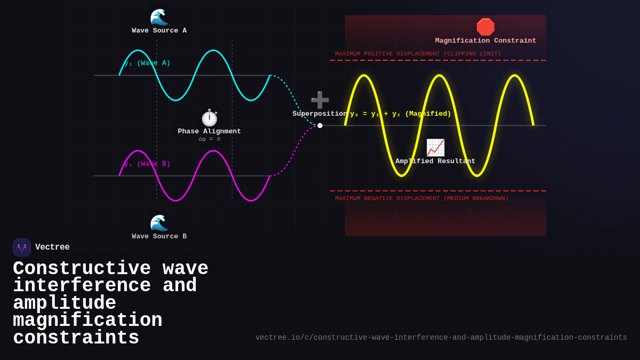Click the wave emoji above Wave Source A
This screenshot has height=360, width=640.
coord(159,17)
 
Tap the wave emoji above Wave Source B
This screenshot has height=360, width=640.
coord(159,223)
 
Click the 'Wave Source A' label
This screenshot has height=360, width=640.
coord(159,31)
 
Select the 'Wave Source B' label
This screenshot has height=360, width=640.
coord(159,237)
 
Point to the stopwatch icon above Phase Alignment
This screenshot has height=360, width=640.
coord(210,118)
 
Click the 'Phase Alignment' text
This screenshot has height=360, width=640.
coord(209,132)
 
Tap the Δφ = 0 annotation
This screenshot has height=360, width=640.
coord(209,139)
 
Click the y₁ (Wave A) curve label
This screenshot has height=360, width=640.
coord(148,63)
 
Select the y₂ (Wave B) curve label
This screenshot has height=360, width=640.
coord(148,164)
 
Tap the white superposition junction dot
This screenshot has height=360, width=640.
coord(320,126)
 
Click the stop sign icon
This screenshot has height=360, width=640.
coord(485,27)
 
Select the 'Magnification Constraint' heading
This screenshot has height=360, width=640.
coord(485,41)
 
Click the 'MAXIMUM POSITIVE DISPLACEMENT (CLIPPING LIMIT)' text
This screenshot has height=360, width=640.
coord(418,54)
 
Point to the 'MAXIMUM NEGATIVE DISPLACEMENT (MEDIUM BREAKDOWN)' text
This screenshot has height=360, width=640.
coord(421,198)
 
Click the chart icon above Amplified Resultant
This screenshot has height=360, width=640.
coord(435,148)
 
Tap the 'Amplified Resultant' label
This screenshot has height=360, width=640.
coord(435,162)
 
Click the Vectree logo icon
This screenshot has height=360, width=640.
coord(22,247)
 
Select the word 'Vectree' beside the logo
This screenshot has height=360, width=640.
coord(52,247)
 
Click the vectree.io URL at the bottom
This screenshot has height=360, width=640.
coord(441,338)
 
